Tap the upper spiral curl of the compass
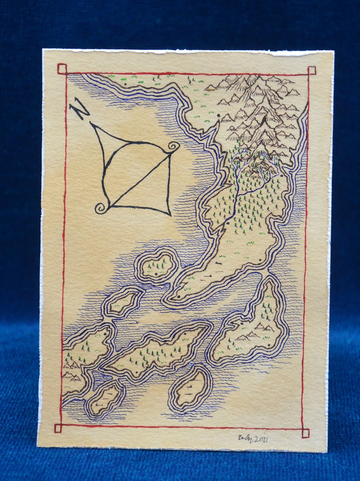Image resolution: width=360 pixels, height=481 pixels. (x=173, y=146)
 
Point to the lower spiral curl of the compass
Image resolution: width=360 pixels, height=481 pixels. (x=101, y=208)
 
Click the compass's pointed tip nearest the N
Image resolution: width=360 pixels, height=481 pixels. (x=91, y=123)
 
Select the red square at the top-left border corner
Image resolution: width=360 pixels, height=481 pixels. (x=62, y=69)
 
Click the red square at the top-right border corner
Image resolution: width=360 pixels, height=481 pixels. (x=311, y=71)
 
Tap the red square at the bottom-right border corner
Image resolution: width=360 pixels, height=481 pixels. (x=305, y=433)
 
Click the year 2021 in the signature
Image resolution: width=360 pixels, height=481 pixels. (x=261, y=440)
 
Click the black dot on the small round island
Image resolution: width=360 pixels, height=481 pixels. (x=156, y=274)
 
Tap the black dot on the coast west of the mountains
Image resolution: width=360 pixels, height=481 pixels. (x=219, y=116)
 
